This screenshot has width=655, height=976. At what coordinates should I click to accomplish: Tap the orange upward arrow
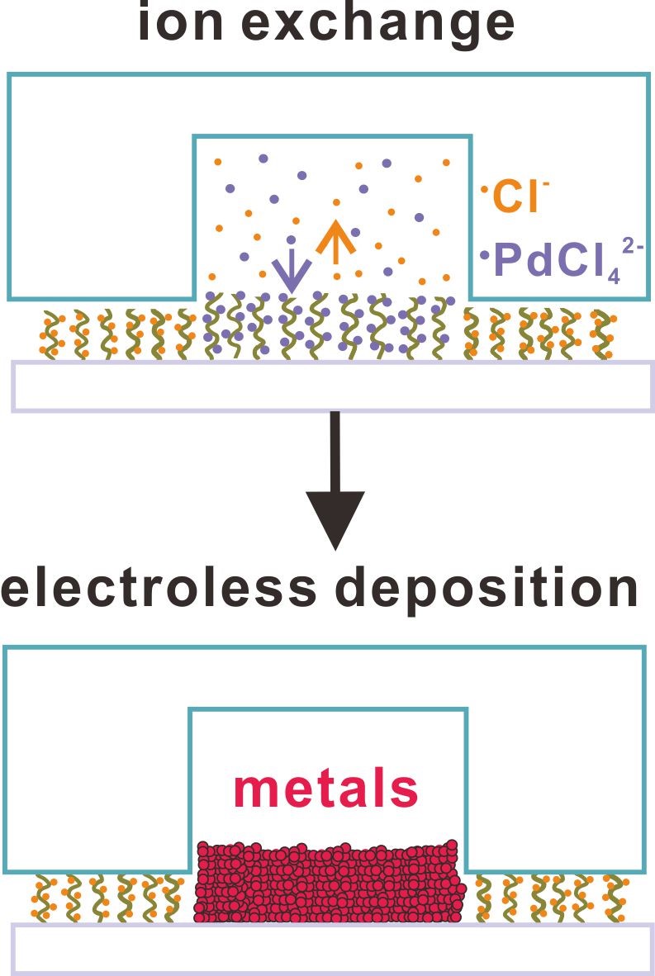334,239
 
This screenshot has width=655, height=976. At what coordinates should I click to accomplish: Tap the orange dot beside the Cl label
484,191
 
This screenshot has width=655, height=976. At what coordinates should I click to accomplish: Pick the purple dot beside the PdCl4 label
485,254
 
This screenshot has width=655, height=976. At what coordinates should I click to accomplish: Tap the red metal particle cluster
328,883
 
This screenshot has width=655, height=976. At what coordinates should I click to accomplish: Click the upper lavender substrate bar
334,386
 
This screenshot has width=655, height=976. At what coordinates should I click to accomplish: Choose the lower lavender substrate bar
334,947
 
